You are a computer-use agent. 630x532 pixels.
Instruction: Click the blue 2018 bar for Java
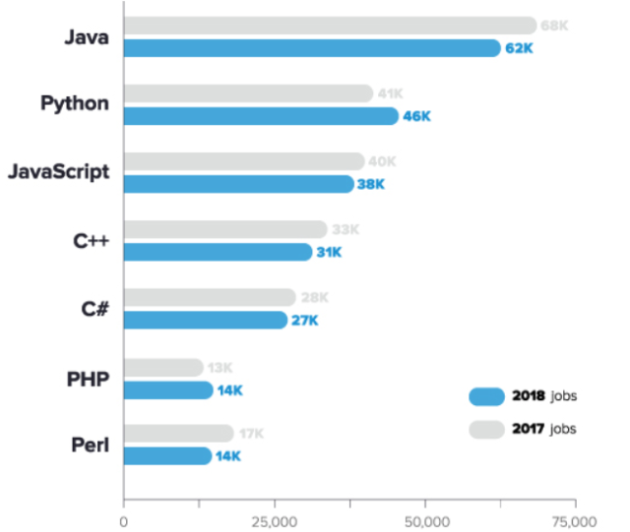click(311, 48)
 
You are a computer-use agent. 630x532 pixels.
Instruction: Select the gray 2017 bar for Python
click(248, 93)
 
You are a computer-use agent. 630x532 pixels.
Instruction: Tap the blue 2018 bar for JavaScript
click(238, 184)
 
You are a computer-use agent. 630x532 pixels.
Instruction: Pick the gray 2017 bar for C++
click(225, 229)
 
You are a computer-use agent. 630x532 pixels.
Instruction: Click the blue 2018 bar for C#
click(206, 320)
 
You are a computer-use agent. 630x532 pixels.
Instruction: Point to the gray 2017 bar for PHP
click(163, 368)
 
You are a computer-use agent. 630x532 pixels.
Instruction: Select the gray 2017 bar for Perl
click(178, 434)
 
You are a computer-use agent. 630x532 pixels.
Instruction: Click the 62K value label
click(519, 48)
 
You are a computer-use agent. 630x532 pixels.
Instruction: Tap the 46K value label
click(417, 116)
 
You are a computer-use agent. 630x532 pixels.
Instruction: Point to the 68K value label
click(555, 26)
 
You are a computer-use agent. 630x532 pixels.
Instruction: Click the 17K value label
click(251, 434)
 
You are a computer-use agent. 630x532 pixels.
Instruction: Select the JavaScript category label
click(58, 172)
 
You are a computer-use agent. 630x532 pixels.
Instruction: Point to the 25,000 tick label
click(274, 520)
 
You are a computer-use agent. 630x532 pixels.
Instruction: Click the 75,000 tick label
click(575, 520)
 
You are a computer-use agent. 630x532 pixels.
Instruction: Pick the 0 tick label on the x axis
click(124, 520)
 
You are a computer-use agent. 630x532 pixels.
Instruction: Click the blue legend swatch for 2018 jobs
click(486, 397)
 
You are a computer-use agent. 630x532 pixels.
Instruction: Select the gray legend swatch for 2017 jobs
click(486, 429)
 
